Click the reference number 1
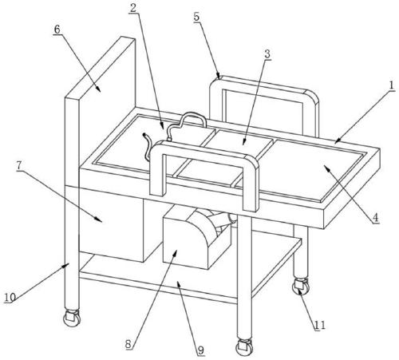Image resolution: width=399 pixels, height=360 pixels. click(391, 85)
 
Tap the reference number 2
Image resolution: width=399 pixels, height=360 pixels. click(133, 8)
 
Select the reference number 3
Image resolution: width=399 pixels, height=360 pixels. click(267, 54)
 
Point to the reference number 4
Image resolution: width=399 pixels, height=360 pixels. click(375, 218)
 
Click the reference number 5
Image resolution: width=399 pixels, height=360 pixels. click(196, 17)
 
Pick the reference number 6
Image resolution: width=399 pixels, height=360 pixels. click(57, 30)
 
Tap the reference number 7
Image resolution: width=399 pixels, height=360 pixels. click(18, 165)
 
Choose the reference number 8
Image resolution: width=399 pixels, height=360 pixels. click(128, 344)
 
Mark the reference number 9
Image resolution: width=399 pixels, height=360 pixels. click(200, 350)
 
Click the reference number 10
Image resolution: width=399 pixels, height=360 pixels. click(10, 297)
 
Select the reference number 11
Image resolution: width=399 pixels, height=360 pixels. click(320, 325)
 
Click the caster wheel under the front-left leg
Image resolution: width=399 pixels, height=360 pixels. click(72, 318)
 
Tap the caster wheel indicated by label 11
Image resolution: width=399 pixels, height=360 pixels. click(301, 287)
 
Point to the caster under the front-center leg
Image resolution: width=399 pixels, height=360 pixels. click(244, 347)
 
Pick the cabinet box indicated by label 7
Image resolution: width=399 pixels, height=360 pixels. click(112, 224)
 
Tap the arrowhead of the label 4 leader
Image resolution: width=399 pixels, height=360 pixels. click(326, 167)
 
